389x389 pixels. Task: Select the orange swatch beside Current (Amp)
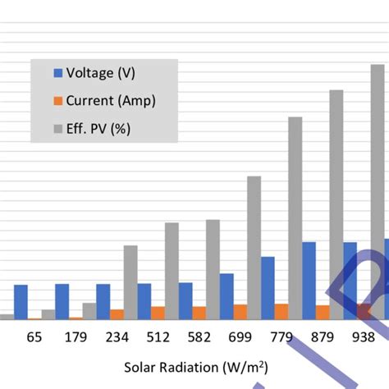[x=58, y=101]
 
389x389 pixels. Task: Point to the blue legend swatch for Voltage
[x=58, y=73]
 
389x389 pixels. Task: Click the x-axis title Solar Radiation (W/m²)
[x=196, y=366]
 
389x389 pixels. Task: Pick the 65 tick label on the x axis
[x=34, y=337]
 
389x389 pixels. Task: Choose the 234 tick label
[x=117, y=337]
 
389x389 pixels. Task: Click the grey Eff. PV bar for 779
[x=295, y=218]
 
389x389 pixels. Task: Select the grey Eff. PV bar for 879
[x=336, y=204]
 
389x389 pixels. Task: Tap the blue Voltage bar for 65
[x=21, y=302]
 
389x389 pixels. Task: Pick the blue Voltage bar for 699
[x=227, y=296]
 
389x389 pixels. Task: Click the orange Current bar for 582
[x=199, y=313]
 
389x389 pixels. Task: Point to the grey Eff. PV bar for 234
[x=130, y=282]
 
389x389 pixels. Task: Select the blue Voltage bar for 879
[x=309, y=281]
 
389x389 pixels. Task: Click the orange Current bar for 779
[x=281, y=311]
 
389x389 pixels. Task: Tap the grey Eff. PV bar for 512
[x=172, y=271]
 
